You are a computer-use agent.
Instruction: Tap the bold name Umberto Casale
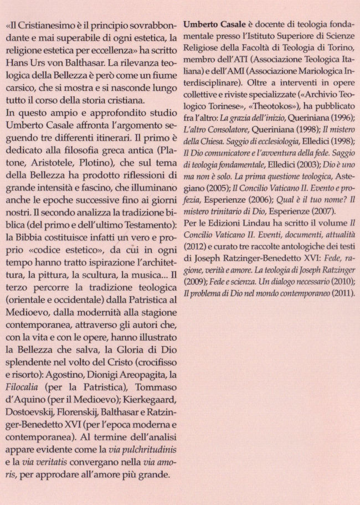[x=213, y=25]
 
